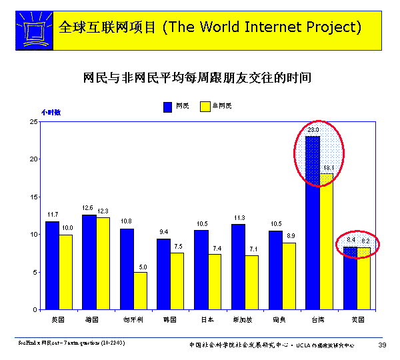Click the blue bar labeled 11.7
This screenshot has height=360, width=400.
point(52,265)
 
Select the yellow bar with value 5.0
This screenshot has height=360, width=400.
point(140,291)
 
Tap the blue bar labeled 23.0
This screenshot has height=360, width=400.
point(313,223)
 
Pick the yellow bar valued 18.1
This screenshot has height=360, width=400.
point(326,241)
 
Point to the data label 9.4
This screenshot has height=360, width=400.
point(164,232)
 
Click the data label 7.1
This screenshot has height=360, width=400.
point(253,249)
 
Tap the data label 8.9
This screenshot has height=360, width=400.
point(289,236)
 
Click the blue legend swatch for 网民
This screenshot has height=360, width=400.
point(169,106)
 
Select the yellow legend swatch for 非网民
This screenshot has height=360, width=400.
point(205,106)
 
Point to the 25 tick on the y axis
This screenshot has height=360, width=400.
point(33,122)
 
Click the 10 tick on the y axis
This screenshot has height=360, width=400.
point(33,235)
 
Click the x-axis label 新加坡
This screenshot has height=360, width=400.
point(245,319)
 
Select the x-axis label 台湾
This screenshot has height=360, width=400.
point(319,319)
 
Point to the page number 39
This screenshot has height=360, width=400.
point(382,344)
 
